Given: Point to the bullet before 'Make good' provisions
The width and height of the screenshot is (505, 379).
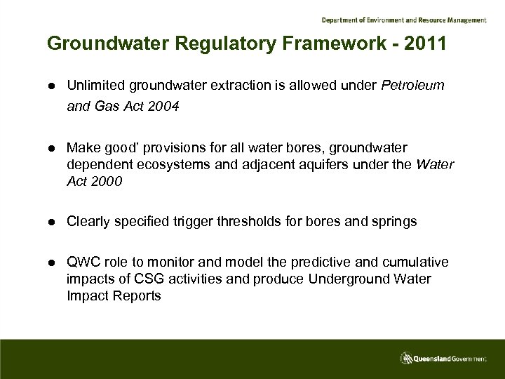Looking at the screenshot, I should (52, 149).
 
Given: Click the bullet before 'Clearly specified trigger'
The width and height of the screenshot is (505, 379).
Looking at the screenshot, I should (52, 222).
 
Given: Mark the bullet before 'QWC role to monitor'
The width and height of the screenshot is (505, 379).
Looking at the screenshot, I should (52, 263).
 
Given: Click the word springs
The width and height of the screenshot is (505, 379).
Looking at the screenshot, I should (395, 222).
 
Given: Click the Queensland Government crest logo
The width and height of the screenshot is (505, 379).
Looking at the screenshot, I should (408, 359).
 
